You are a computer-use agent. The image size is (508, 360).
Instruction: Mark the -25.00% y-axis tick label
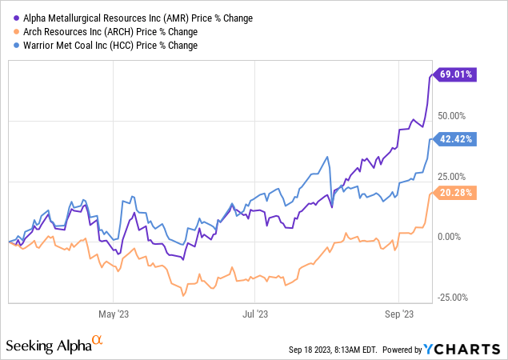pos(454,298)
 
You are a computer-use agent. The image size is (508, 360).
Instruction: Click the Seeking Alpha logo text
pos(47,346)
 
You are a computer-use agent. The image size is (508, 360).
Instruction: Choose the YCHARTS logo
pos(470,349)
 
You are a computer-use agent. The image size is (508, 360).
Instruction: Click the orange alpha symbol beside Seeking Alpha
pos(97,340)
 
